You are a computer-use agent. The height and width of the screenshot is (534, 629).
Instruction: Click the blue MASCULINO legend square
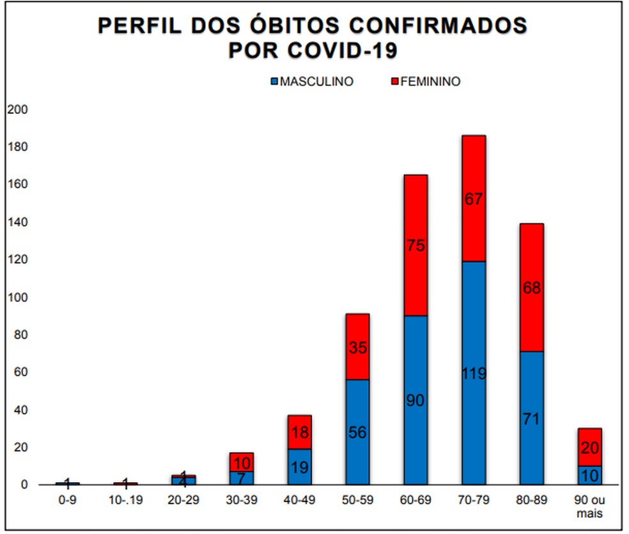(x=276, y=82)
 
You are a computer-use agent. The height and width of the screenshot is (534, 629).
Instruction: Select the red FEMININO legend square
(x=395, y=82)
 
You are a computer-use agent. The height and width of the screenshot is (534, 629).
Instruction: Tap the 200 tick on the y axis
(x=18, y=110)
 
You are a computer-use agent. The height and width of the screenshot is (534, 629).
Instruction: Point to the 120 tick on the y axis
(x=18, y=260)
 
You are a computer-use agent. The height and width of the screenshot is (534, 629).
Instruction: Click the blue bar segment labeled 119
(x=473, y=373)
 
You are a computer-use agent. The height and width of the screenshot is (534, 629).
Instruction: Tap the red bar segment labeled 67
(x=473, y=198)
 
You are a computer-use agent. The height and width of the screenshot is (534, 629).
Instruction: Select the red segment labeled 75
(x=415, y=245)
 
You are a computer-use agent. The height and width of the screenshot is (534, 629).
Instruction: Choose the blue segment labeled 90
(x=415, y=400)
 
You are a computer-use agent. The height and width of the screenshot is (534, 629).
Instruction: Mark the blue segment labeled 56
(x=357, y=432)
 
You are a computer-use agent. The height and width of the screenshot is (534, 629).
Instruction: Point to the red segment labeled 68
(x=531, y=288)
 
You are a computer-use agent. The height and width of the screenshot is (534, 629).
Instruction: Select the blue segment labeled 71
(x=531, y=418)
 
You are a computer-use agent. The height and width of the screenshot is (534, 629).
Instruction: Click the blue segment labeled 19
(x=299, y=467)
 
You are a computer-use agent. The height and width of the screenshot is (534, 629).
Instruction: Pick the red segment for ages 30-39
(x=241, y=462)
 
